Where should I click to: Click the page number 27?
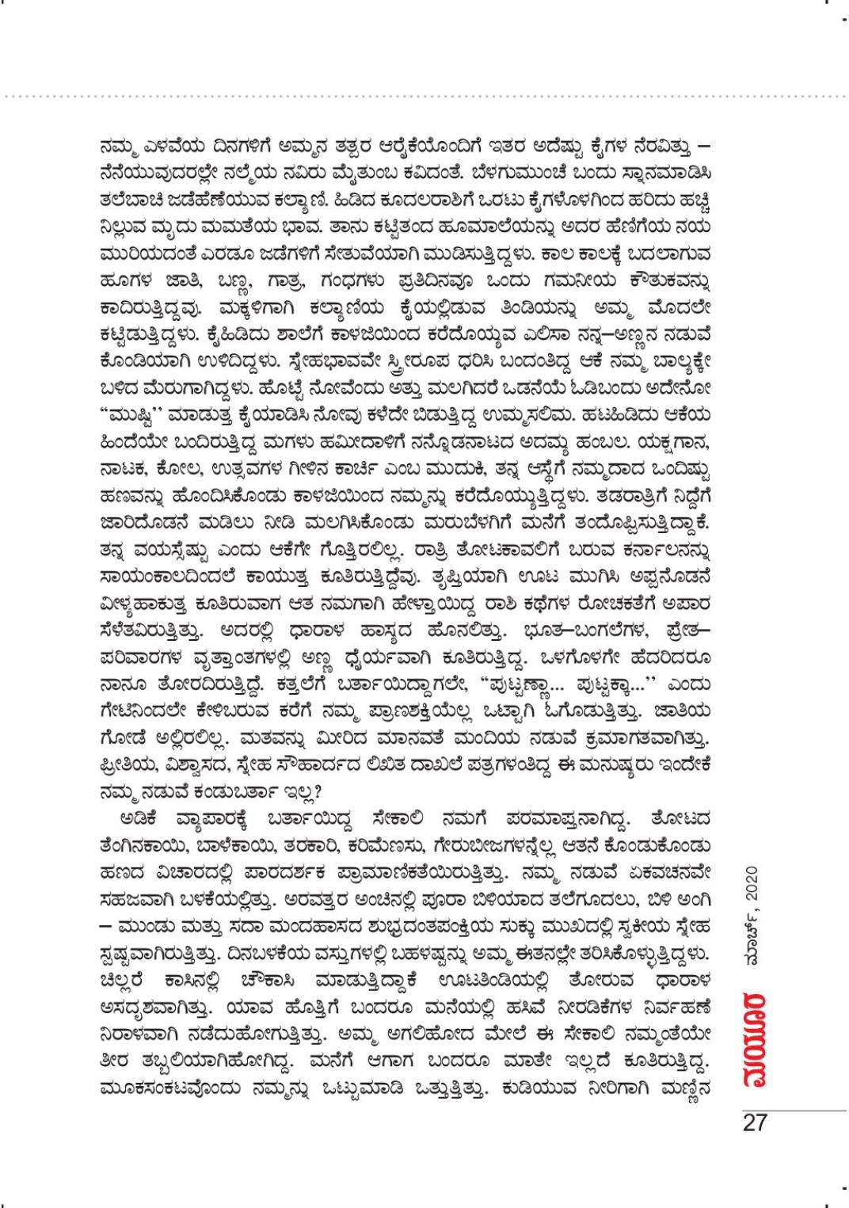[x=754, y=1123]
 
